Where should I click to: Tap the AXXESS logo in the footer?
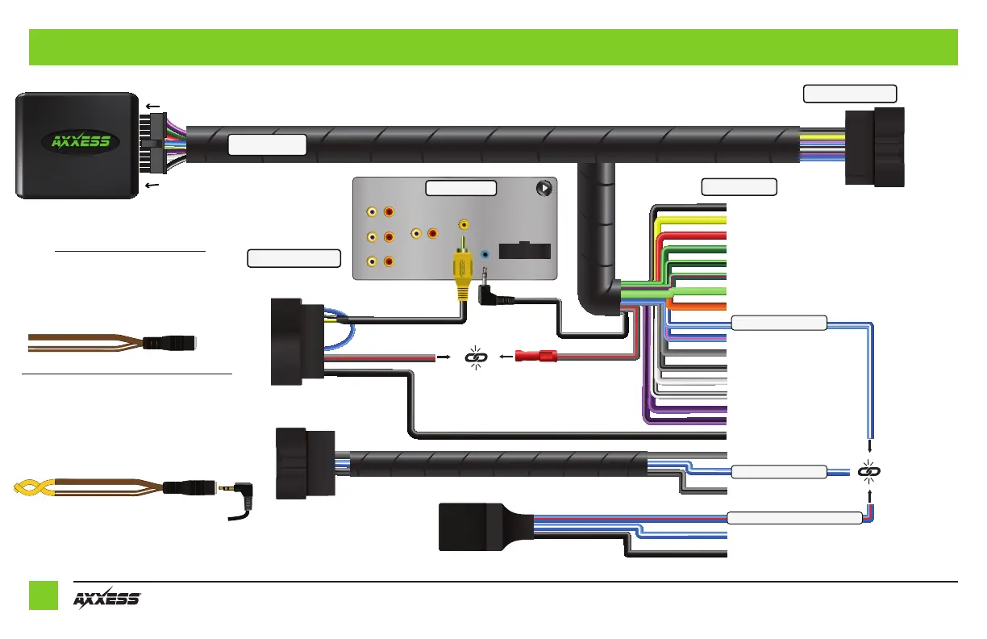pyautogui.click(x=108, y=599)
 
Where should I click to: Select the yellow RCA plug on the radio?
pyautogui.click(x=463, y=266)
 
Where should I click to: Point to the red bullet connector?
pyautogui.click(x=535, y=354)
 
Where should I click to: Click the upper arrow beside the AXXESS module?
pyautogui.click(x=150, y=106)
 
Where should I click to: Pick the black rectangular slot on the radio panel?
pyautogui.click(x=525, y=248)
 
